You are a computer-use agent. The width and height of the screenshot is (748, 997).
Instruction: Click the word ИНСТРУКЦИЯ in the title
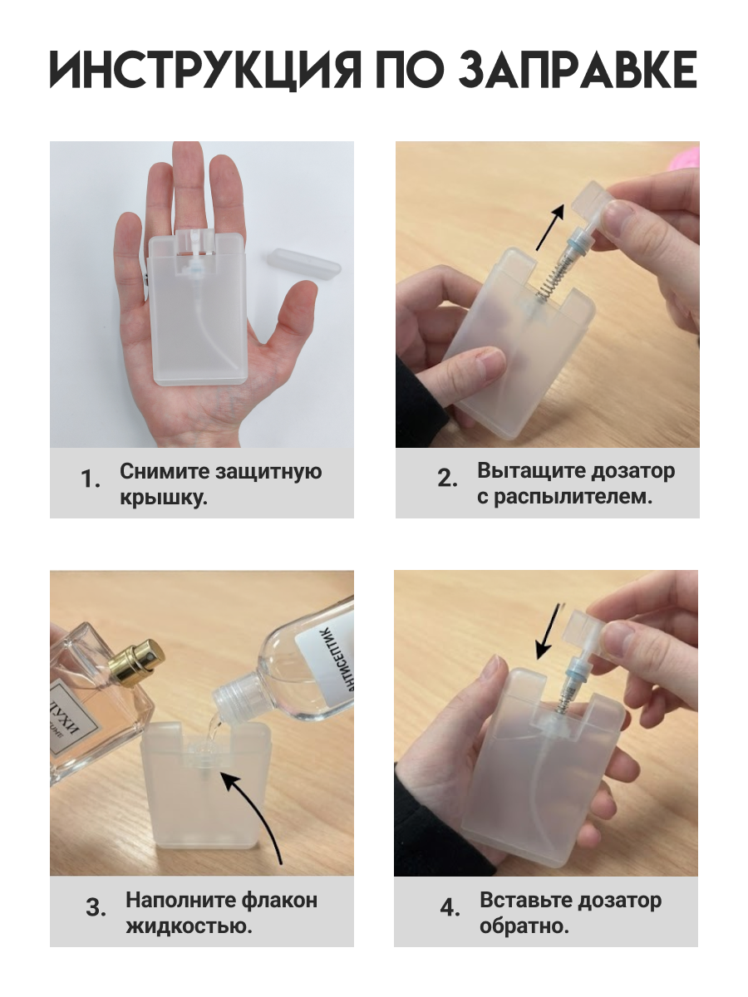pos(205,70)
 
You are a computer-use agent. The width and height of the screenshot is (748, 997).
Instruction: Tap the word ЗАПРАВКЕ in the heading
pos(578,70)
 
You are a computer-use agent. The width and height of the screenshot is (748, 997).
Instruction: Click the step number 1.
pos(91,479)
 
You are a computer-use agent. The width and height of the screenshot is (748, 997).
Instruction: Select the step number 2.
pos(448,479)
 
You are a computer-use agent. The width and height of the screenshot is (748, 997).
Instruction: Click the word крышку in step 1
pos(164,498)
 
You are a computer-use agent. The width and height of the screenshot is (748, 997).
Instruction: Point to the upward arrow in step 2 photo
pos(550,227)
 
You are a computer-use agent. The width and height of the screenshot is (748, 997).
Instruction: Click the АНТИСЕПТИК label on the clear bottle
pos(325,663)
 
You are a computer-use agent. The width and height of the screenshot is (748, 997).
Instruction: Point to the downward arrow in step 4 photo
pos(549,631)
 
